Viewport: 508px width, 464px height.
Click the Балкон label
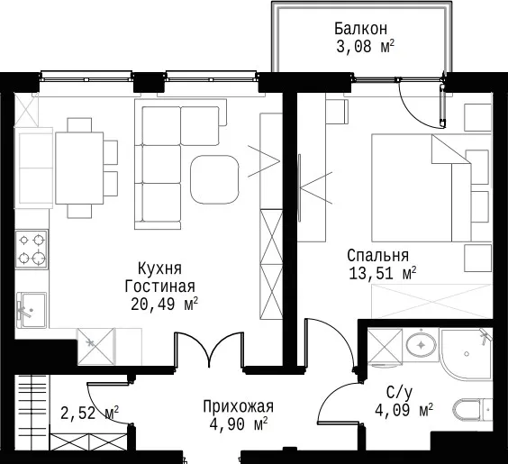[360, 29]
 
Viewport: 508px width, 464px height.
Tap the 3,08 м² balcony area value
[365, 47]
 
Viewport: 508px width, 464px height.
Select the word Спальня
[377, 256]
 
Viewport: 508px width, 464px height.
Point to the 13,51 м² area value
[382, 274]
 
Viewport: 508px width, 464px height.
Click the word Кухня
[159, 268]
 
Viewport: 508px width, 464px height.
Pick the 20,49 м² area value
[164, 305]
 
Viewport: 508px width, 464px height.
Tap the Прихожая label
[238, 406]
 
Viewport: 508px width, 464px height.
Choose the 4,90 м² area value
[238, 424]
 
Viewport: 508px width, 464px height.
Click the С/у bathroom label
[400, 393]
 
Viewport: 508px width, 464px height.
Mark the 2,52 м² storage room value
[89, 414]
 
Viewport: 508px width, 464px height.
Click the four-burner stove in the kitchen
[32, 250]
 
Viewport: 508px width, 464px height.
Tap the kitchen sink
[32, 310]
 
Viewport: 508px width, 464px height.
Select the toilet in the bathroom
[472, 411]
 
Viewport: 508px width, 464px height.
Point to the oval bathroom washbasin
[421, 345]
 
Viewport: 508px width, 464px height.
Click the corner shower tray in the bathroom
[466, 354]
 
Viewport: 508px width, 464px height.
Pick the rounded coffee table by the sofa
[214, 179]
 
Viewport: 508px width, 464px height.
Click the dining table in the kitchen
[79, 168]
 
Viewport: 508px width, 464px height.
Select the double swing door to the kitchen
[209, 350]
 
